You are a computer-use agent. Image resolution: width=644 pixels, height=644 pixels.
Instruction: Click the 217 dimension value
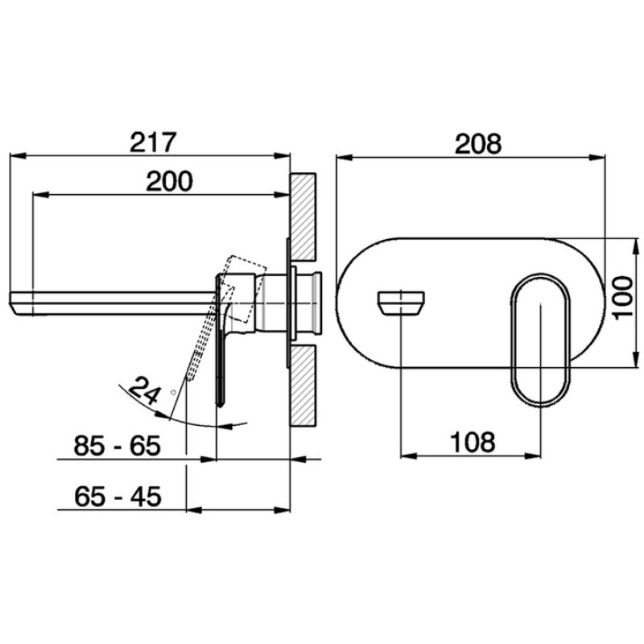coord(153,142)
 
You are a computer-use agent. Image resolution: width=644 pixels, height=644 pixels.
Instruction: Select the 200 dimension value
coord(169,181)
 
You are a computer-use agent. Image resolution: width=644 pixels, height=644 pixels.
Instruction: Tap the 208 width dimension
coord(478,144)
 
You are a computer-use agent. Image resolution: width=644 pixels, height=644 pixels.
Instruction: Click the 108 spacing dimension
coord(473,442)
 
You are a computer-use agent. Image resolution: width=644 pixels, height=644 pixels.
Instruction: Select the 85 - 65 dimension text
coord(117,446)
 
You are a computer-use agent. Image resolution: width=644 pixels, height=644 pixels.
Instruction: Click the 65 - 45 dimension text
coord(118,497)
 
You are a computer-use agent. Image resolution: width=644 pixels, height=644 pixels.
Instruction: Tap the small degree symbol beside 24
coord(173,392)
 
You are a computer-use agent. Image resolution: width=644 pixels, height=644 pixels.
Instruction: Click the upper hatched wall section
coord(303,217)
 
